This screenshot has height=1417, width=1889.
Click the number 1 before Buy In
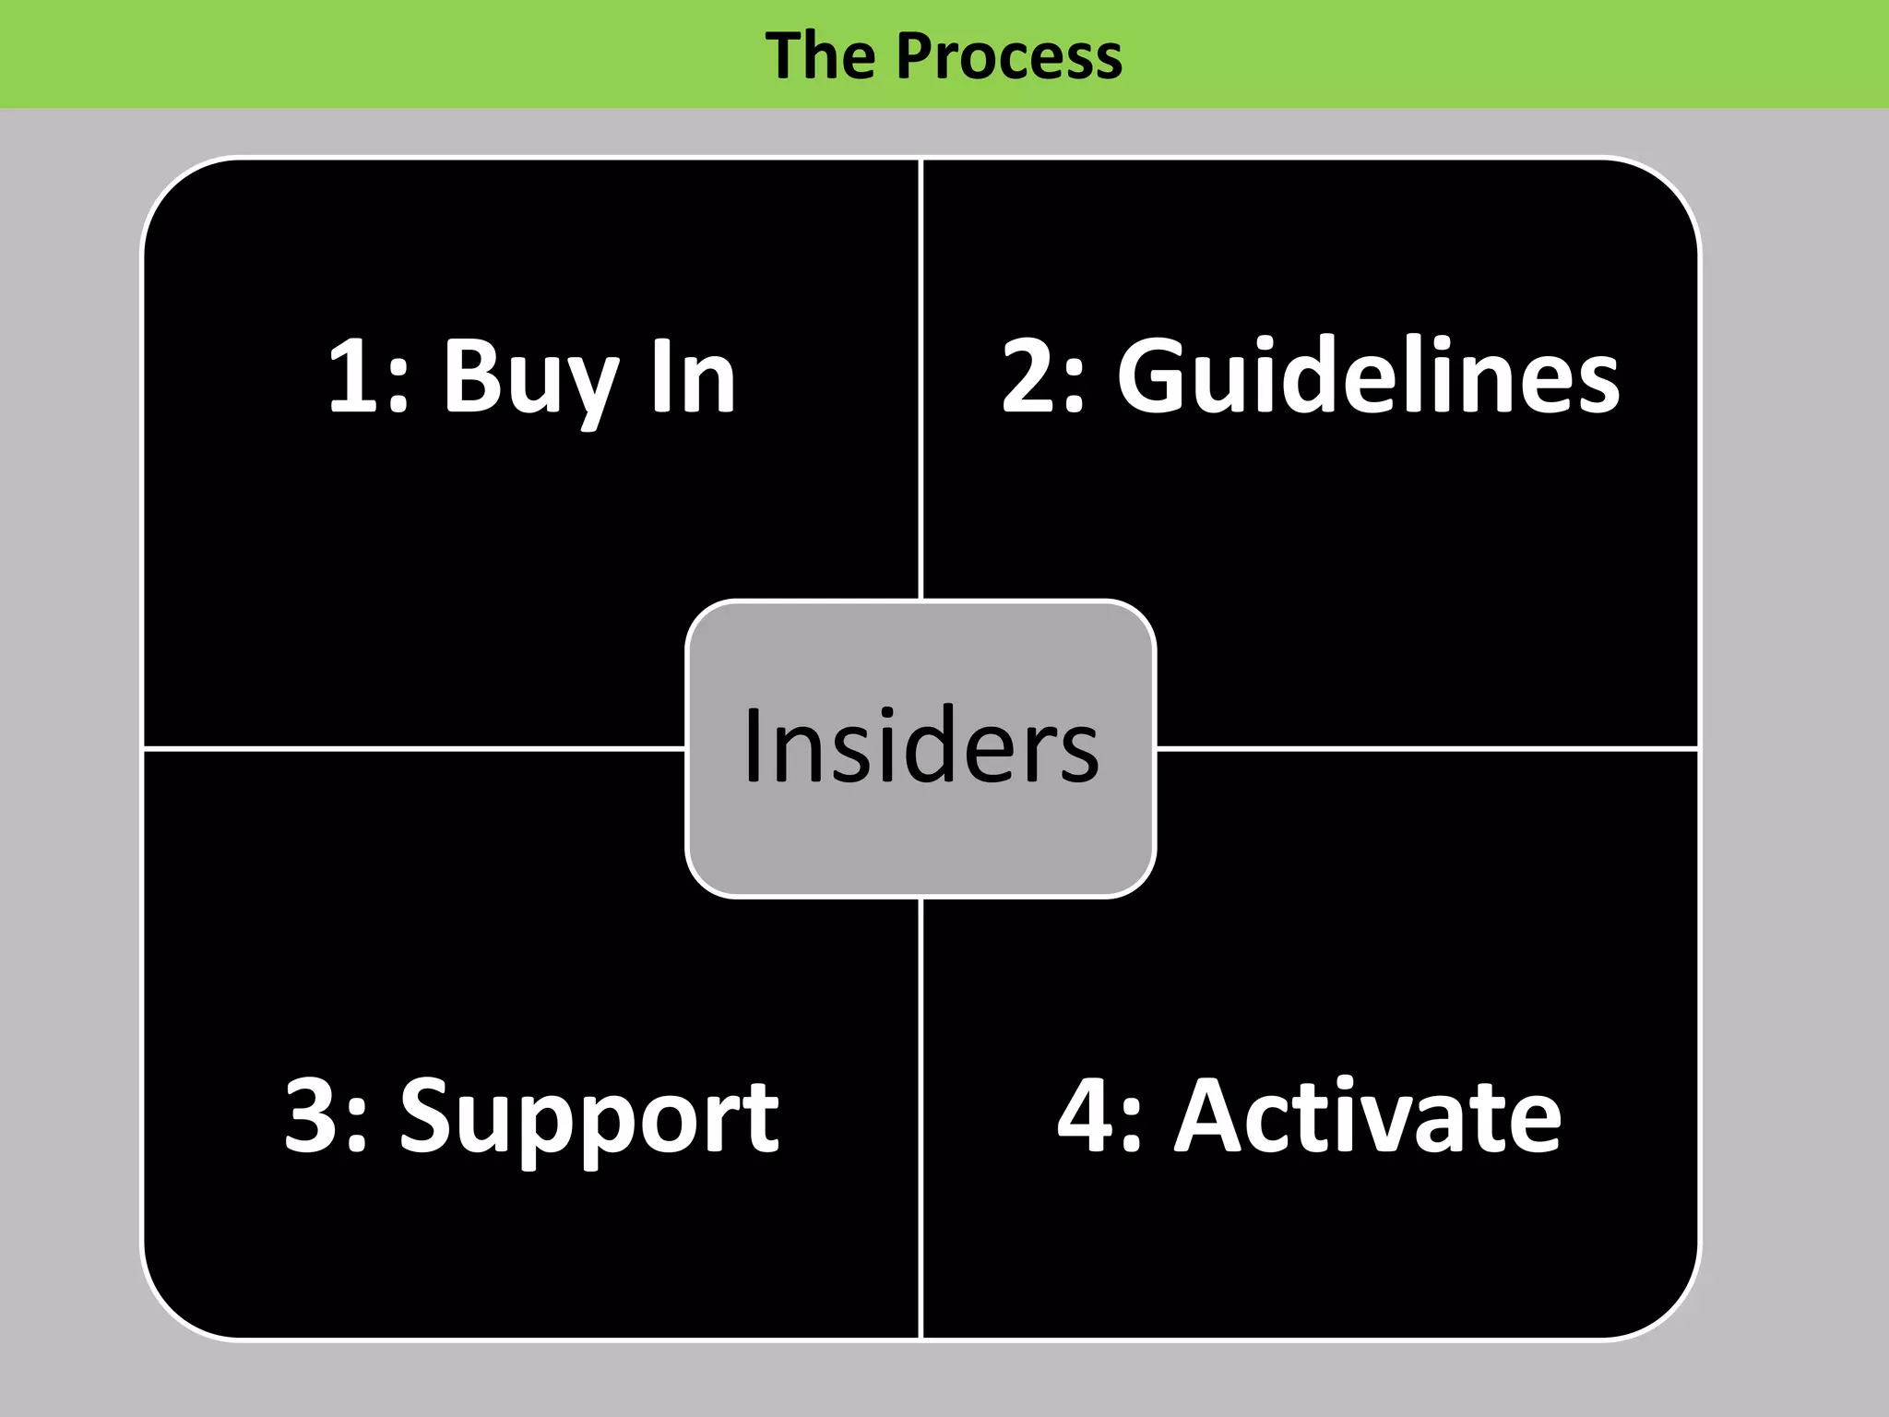coord(355,376)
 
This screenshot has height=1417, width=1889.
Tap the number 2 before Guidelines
coord(1032,376)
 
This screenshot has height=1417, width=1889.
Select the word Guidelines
coord(1368,376)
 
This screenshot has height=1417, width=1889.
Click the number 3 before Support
coord(315,1116)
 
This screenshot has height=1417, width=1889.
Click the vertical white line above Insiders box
coord(921,378)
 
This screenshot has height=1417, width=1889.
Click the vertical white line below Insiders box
coord(921,1116)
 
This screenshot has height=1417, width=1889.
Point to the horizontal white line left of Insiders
coord(415,749)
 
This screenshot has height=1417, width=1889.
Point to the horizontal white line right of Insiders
coord(1425,749)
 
